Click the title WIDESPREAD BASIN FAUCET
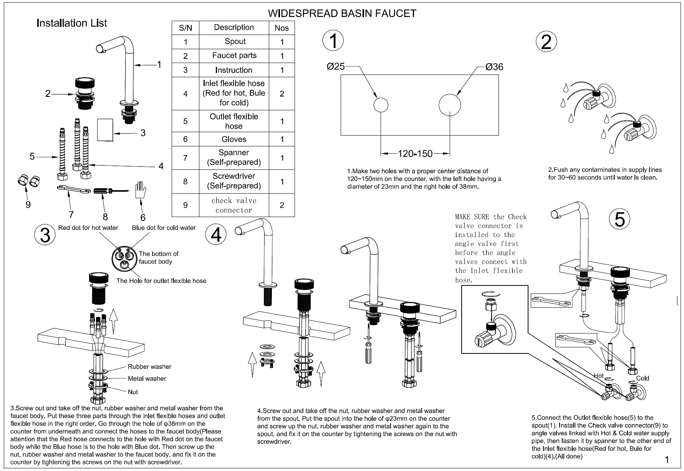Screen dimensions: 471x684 [341, 13]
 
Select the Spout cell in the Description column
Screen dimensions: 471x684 [235, 41]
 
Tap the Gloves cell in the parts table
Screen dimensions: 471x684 [234, 139]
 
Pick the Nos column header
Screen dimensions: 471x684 [282, 28]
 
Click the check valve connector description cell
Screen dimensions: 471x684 [234, 205]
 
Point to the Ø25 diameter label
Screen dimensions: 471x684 [335, 66]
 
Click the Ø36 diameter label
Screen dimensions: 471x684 [494, 67]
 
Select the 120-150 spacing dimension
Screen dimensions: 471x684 [415, 154]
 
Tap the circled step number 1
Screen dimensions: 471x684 [333, 41]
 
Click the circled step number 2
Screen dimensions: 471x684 [546, 42]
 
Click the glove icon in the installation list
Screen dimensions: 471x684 [141, 191]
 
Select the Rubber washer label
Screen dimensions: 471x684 [149, 367]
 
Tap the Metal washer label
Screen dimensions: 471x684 [147, 378]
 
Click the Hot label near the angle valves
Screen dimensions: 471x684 [598, 376]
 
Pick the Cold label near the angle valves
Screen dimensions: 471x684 [643, 378]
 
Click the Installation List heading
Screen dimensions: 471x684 [71, 23]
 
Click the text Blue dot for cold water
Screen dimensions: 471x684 [164, 228]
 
